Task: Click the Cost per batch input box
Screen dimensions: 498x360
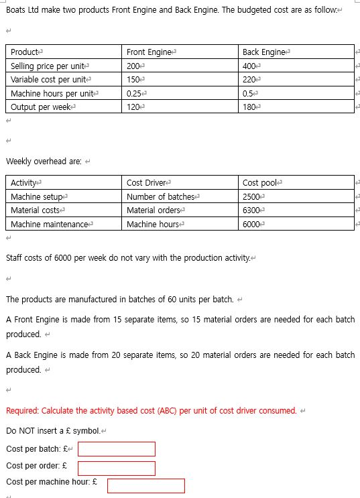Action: (x=117, y=448)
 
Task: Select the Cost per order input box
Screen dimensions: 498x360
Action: (x=117, y=468)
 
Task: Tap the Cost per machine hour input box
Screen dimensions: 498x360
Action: (x=145, y=485)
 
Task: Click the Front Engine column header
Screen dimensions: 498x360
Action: (x=149, y=52)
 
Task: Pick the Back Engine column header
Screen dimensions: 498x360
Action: (x=264, y=52)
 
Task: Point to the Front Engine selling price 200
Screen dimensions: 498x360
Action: (x=133, y=66)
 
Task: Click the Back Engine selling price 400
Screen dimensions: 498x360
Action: (x=249, y=66)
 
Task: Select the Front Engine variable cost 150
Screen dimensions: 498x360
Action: (x=133, y=80)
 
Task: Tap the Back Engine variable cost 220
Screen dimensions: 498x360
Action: (x=249, y=80)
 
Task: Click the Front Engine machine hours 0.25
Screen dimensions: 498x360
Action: (x=135, y=94)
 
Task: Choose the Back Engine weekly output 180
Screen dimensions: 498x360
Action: (x=249, y=107)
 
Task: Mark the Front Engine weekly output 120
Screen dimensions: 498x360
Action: (x=133, y=107)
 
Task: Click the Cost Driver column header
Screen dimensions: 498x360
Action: (x=147, y=183)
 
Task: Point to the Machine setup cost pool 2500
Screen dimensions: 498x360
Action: (x=252, y=197)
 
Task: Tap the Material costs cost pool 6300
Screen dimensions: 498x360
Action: (x=252, y=210)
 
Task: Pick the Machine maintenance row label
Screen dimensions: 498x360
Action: (x=50, y=225)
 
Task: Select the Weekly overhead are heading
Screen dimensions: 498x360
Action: (x=44, y=162)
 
